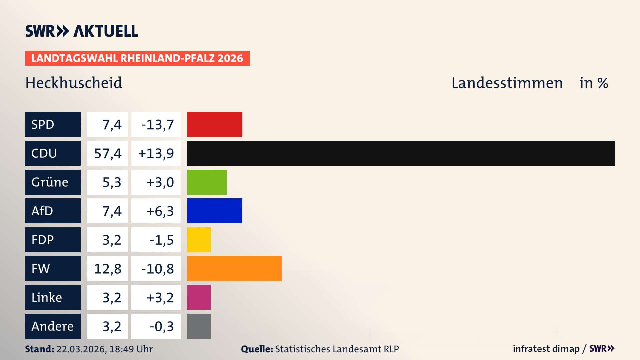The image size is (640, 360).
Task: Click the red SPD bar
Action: point(214,124)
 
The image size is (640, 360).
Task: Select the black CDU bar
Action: point(401,153)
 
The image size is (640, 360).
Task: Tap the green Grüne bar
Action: point(207,182)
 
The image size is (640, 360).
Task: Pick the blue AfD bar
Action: point(214,211)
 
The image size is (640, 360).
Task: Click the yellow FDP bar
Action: point(199,240)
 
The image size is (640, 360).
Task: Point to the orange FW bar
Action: point(234,268)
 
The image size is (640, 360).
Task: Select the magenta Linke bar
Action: point(199,297)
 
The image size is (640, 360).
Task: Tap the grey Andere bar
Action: point(199,326)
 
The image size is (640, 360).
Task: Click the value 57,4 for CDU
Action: point(107,153)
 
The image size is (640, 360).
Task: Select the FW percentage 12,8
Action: point(107,269)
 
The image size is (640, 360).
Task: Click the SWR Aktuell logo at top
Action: point(81,31)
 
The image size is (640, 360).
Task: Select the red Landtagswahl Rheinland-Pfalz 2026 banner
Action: point(137,58)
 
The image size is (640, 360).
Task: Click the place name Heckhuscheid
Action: point(74,83)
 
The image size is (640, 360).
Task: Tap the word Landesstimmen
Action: point(507,83)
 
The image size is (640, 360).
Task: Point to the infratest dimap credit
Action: point(546,349)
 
